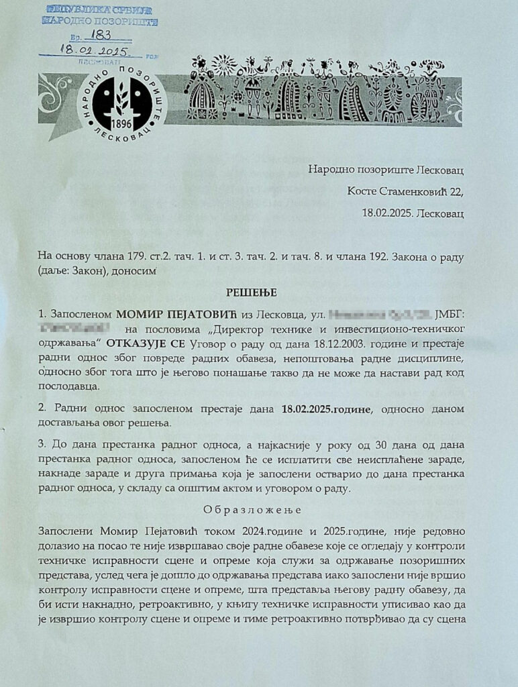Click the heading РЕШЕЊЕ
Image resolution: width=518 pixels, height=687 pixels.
point(259,293)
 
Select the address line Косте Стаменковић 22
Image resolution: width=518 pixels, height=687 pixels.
point(405,191)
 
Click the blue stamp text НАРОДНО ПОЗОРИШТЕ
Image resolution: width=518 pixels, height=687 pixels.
point(100,21)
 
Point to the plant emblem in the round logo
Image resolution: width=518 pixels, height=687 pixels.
point(123,98)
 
